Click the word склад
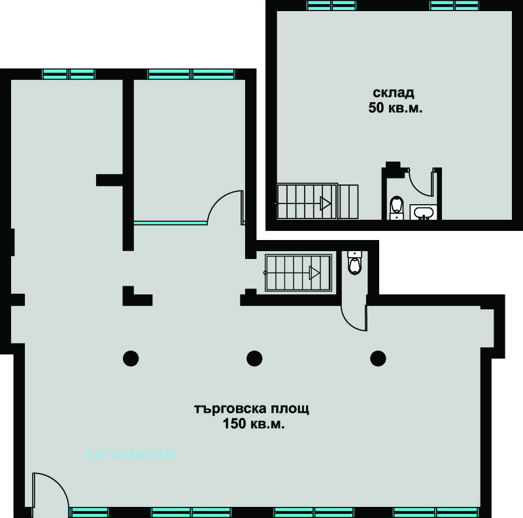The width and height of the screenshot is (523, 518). coord(394,93)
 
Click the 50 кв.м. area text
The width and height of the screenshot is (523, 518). coord(396,108)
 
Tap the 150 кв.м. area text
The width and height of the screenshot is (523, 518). coord(254,424)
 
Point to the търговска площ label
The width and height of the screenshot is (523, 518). coord(252,409)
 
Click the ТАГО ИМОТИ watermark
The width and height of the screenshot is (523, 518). coord(130,455)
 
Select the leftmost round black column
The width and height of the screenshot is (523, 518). coord(131,358)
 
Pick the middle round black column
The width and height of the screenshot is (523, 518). coord(254,358)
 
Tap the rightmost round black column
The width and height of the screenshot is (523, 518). coord(379,358)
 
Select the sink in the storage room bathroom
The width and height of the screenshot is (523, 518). coord(423,213)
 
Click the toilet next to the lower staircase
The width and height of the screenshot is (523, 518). coord(354,263)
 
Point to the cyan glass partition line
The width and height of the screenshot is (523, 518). coord(171,222)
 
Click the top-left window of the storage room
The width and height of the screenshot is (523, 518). coord(331,5)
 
